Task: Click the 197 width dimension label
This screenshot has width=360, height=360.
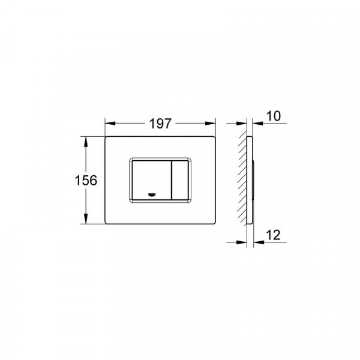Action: pos(160,124)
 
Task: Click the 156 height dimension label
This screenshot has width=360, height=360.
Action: pos(86,180)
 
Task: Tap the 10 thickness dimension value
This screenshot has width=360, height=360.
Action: pos(274,116)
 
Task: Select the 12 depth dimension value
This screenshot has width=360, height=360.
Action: pos(273,235)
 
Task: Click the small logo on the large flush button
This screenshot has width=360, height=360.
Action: pos(152,195)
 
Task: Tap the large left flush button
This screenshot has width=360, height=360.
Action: pos(152,180)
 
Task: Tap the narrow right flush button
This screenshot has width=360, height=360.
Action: pos(180,180)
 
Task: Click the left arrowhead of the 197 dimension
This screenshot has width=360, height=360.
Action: pos(110,123)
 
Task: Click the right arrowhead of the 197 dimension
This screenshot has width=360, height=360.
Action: pos(211,123)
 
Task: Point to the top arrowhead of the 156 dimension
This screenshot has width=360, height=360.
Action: pos(86,142)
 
